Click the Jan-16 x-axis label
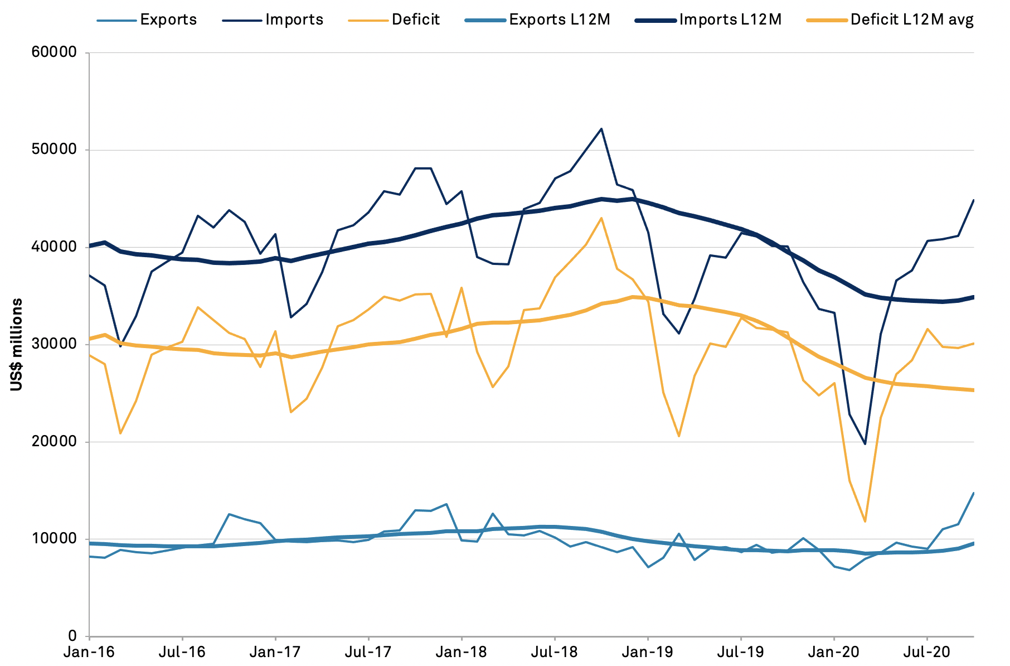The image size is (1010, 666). point(89,651)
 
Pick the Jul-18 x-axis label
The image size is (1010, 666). point(555,651)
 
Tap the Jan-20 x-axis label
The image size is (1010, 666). point(834,651)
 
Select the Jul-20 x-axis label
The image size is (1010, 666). point(927,651)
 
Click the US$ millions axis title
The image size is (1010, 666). point(17,345)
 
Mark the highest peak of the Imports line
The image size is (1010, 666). point(601,129)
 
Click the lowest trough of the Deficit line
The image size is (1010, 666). point(865,522)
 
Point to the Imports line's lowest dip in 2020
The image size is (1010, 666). point(865,444)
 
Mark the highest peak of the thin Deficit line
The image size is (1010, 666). point(601,218)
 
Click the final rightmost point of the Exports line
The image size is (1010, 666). point(973,493)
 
